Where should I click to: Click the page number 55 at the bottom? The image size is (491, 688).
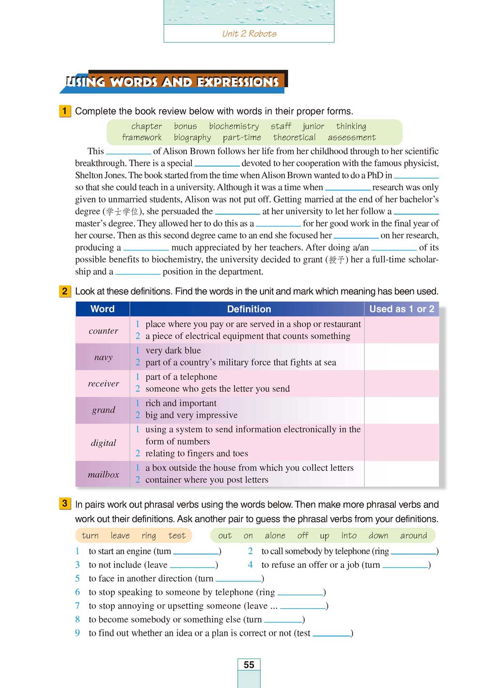pos(249,665)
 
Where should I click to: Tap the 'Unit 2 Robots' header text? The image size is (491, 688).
pos(249,34)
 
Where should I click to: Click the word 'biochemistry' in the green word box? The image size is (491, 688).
pos(234,126)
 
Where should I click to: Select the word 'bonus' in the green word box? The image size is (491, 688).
pos(185,126)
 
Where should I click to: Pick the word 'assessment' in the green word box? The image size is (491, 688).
pos(352,138)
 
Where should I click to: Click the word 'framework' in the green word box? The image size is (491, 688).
pos(142,138)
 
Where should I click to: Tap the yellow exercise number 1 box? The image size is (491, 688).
pos(65,111)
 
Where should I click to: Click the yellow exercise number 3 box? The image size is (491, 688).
pos(65,503)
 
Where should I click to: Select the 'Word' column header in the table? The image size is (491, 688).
pos(102,309)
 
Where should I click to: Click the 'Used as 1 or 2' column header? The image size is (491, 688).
pos(401,309)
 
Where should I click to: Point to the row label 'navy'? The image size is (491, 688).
pos(103,357)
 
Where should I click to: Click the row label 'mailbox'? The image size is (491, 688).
pos(103,474)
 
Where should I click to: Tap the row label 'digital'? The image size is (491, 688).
pos(103,443)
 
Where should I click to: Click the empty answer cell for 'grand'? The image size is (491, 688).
pos(401,410)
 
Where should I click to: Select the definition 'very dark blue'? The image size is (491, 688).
pos(173,350)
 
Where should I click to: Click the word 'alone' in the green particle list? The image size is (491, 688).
pos(275,535)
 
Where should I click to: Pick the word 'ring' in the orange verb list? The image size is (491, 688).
pos(149,535)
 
